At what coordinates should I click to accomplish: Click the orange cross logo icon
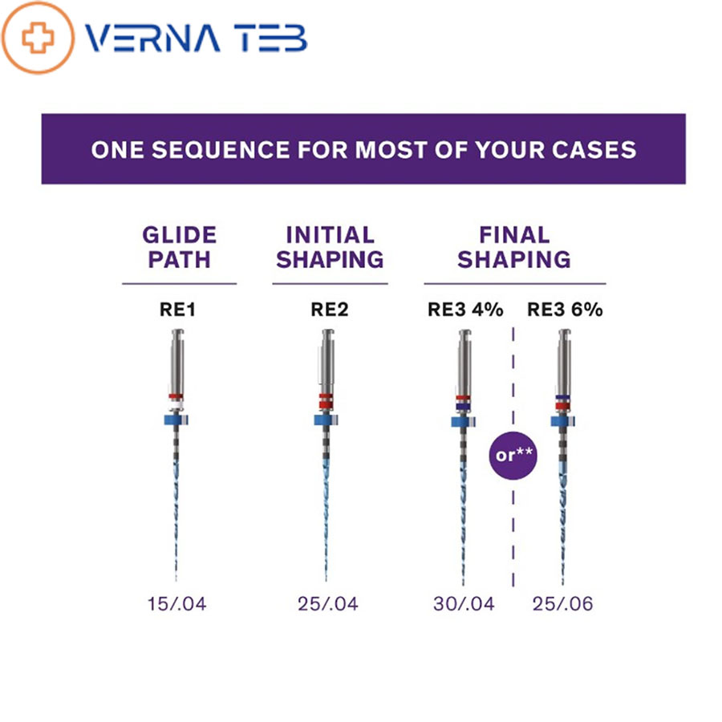[x=38, y=38]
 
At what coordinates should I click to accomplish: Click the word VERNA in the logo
[x=153, y=39]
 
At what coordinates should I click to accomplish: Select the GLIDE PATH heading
[x=179, y=247]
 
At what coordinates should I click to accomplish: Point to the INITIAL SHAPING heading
[x=330, y=247]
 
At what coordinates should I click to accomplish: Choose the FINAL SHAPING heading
[x=514, y=247]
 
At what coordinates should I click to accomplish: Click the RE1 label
[x=178, y=310]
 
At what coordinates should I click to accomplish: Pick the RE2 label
[x=329, y=310]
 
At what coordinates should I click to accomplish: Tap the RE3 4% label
[x=465, y=310]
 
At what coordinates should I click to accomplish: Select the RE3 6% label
[x=565, y=310]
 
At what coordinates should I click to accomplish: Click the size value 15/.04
[x=176, y=603]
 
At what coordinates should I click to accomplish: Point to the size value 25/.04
[x=328, y=603]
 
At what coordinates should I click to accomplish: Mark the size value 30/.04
[x=464, y=603]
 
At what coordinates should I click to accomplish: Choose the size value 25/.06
[x=562, y=603]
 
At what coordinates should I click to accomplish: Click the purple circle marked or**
[x=513, y=456]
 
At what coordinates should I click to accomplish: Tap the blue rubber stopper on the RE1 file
[x=176, y=420]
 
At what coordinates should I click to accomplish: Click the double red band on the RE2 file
[x=326, y=401]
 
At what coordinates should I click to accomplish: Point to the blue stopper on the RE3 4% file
[x=463, y=421]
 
